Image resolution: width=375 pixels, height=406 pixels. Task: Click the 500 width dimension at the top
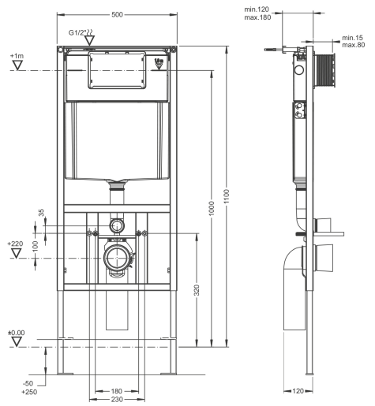117,14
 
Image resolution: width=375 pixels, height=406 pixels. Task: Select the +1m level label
17,58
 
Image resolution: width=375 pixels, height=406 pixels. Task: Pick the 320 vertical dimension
197,289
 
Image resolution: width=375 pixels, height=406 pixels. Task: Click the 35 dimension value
42,214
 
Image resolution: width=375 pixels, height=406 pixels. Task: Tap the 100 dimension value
35,246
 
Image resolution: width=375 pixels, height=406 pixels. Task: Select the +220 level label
15,244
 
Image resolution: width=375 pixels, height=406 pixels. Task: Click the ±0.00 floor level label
16,333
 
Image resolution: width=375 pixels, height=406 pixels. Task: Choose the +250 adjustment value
30,392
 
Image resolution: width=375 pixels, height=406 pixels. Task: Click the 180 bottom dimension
116,390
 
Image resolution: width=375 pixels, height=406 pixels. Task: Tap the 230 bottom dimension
116,399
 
